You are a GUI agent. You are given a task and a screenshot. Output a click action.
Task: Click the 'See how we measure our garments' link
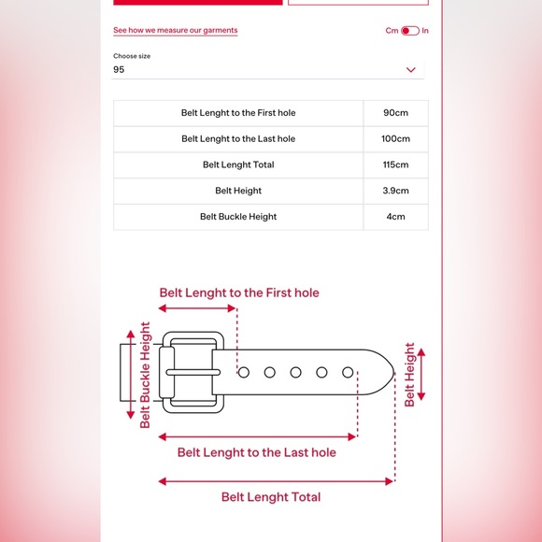pos(176,31)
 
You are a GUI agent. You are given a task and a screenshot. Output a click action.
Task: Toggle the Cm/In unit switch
pos(410,31)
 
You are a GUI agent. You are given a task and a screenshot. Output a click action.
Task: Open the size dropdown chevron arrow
pos(410,70)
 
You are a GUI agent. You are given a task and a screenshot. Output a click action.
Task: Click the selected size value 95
pos(119,69)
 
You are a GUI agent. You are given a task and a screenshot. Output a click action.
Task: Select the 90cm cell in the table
pos(395,113)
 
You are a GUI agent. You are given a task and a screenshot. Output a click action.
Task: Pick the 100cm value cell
pos(395,139)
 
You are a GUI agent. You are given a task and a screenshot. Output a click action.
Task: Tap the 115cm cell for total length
pos(395,164)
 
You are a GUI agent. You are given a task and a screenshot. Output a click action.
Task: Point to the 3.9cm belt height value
pos(395,191)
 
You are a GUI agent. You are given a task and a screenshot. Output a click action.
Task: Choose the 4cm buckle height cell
pos(395,217)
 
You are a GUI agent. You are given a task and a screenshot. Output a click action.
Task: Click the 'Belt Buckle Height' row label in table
pos(238,217)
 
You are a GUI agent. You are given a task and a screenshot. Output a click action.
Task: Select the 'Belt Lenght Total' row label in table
pos(238,164)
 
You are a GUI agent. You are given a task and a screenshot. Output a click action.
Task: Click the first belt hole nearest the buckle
pos(244,372)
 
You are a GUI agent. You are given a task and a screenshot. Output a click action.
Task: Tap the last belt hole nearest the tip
pos(348,372)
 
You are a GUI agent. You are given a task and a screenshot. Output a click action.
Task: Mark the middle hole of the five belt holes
pos(295,372)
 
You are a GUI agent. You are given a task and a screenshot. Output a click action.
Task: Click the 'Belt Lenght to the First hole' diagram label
pos(239,293)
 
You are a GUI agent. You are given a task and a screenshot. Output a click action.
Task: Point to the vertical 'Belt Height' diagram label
pos(409,375)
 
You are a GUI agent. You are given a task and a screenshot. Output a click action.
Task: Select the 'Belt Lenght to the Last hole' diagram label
pos(256,452)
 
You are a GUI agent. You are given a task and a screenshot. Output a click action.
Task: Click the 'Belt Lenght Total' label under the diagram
pos(271,497)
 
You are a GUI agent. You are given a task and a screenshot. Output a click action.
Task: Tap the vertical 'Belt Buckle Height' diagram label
pos(145,375)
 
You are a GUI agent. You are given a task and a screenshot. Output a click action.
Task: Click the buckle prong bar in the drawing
pos(193,372)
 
